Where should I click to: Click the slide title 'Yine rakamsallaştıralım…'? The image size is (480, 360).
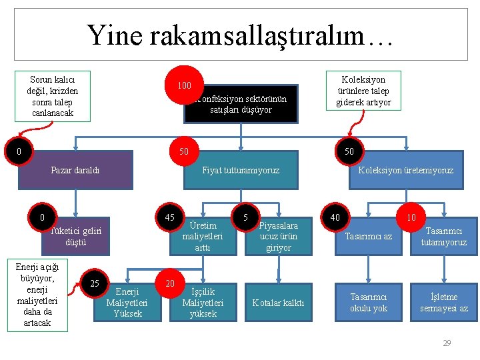[240, 35]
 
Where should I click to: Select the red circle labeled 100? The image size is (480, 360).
[185, 85]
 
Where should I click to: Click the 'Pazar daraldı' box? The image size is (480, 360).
[75, 171]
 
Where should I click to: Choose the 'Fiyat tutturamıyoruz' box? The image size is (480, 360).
[241, 171]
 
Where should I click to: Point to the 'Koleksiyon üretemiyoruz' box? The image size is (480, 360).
[405, 171]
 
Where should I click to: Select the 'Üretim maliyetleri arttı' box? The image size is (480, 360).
[203, 236]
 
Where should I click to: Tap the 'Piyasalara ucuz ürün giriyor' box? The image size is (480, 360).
[279, 236]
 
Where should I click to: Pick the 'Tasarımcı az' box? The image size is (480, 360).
[369, 236]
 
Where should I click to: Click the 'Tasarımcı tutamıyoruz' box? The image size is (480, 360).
[444, 236]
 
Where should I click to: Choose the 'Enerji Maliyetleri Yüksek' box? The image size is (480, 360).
[128, 302]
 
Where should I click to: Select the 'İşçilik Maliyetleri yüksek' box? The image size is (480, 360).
[203, 302]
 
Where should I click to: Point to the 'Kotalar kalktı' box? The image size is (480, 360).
[279, 302]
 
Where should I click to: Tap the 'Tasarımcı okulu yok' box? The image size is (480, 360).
[369, 302]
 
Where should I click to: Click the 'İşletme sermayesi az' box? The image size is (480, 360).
[444, 302]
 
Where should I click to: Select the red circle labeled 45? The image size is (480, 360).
[170, 217]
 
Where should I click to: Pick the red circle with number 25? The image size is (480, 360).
[95, 283]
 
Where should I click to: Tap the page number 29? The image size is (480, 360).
[447, 343]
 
